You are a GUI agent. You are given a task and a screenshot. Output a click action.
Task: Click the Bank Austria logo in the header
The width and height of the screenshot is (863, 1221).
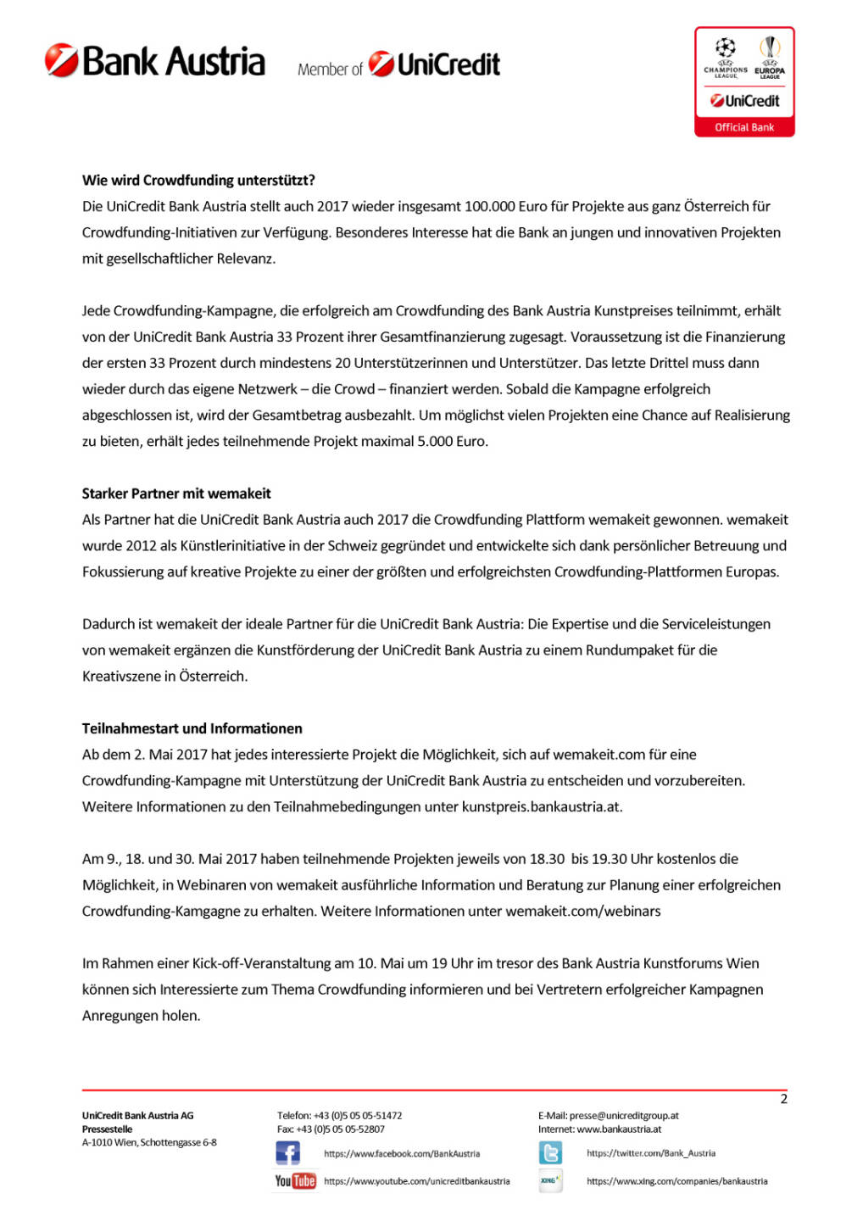pos(155,62)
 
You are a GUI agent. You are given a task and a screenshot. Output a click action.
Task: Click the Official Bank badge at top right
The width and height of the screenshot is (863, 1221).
pos(744,82)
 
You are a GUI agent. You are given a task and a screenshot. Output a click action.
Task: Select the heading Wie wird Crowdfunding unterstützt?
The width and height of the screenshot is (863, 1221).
pos(198,181)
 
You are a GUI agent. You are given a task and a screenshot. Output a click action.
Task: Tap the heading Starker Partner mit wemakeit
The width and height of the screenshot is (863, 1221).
pos(176,493)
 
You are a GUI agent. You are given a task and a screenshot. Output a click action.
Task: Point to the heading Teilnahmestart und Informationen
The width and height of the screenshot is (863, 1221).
pos(192,728)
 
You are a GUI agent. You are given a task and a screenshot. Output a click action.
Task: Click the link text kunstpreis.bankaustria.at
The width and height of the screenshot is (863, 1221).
pos(541,807)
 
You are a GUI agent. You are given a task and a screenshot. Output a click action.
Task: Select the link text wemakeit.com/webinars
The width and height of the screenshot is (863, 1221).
pos(583,912)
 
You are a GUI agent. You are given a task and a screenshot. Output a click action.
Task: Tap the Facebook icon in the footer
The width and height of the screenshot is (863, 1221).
pos(287,1153)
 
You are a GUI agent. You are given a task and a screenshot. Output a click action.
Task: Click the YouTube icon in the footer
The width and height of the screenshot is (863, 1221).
pos(295,1181)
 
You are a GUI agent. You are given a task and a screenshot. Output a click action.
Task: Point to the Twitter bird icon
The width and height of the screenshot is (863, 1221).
pos(550,1153)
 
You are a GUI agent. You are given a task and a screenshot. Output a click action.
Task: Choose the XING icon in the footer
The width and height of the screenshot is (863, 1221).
pos(550,1181)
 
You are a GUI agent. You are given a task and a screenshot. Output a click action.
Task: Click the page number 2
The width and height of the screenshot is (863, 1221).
pos(783,1099)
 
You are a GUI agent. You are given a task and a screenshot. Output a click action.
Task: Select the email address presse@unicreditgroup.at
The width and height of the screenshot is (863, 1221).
pos(624,1116)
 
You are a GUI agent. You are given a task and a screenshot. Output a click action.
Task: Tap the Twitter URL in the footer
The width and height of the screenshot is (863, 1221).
pos(650,1153)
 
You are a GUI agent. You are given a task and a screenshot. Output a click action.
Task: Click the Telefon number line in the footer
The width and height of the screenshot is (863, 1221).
pos(339,1116)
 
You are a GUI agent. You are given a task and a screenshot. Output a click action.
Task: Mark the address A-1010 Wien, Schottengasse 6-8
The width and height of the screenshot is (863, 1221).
pos(149,1143)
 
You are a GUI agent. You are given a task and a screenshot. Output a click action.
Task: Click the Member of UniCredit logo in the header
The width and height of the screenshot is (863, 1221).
pos(398,65)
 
